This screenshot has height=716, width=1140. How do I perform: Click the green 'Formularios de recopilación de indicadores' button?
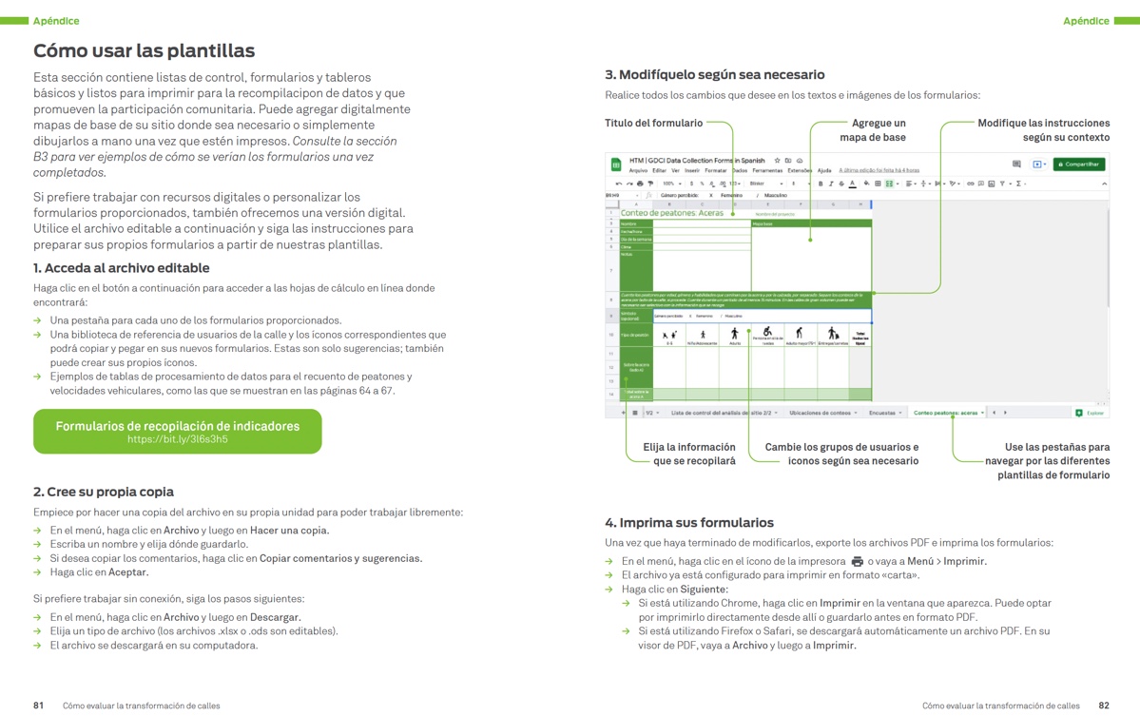click(177, 432)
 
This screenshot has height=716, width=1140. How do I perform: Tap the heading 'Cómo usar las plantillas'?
click(144, 51)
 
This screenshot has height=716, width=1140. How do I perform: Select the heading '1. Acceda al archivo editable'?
click(121, 268)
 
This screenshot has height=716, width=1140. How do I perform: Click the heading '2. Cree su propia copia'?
click(103, 492)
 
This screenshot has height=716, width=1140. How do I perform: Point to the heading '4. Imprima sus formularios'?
click(689, 522)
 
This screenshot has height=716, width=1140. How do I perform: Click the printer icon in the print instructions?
click(857, 561)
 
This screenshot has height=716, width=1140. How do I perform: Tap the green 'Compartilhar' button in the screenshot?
click(1078, 164)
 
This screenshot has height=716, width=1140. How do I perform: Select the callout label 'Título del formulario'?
click(653, 123)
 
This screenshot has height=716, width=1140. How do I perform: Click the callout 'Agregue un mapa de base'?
click(873, 130)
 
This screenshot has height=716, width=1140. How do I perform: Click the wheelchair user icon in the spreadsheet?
click(766, 333)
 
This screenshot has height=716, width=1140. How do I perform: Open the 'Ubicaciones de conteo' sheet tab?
click(821, 413)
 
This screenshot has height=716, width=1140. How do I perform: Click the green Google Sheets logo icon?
click(615, 164)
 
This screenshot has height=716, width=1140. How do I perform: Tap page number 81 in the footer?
click(38, 706)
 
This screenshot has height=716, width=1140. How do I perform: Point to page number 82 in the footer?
click(1103, 706)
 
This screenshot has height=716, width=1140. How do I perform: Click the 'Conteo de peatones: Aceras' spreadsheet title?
click(671, 213)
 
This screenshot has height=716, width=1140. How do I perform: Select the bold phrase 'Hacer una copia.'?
click(290, 531)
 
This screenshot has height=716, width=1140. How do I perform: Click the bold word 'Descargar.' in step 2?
click(275, 617)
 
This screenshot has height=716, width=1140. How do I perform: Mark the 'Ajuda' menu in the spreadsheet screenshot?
click(824, 170)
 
